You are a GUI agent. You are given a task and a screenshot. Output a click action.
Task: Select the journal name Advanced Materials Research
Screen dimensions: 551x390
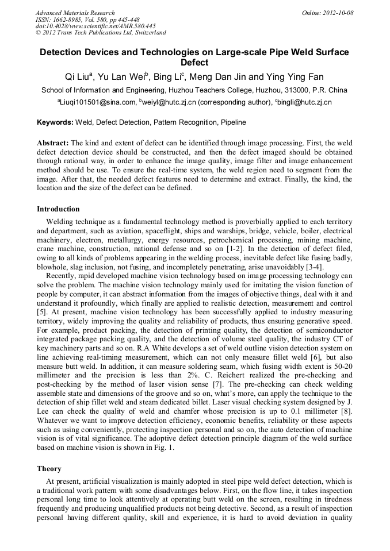pos(75,13)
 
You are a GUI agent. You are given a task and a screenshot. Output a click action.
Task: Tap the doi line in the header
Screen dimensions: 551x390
pos(95,26)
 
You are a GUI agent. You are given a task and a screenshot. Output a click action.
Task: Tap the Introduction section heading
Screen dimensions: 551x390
pos(58,209)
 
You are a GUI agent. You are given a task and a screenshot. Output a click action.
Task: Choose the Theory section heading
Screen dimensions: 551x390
pos(49,469)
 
